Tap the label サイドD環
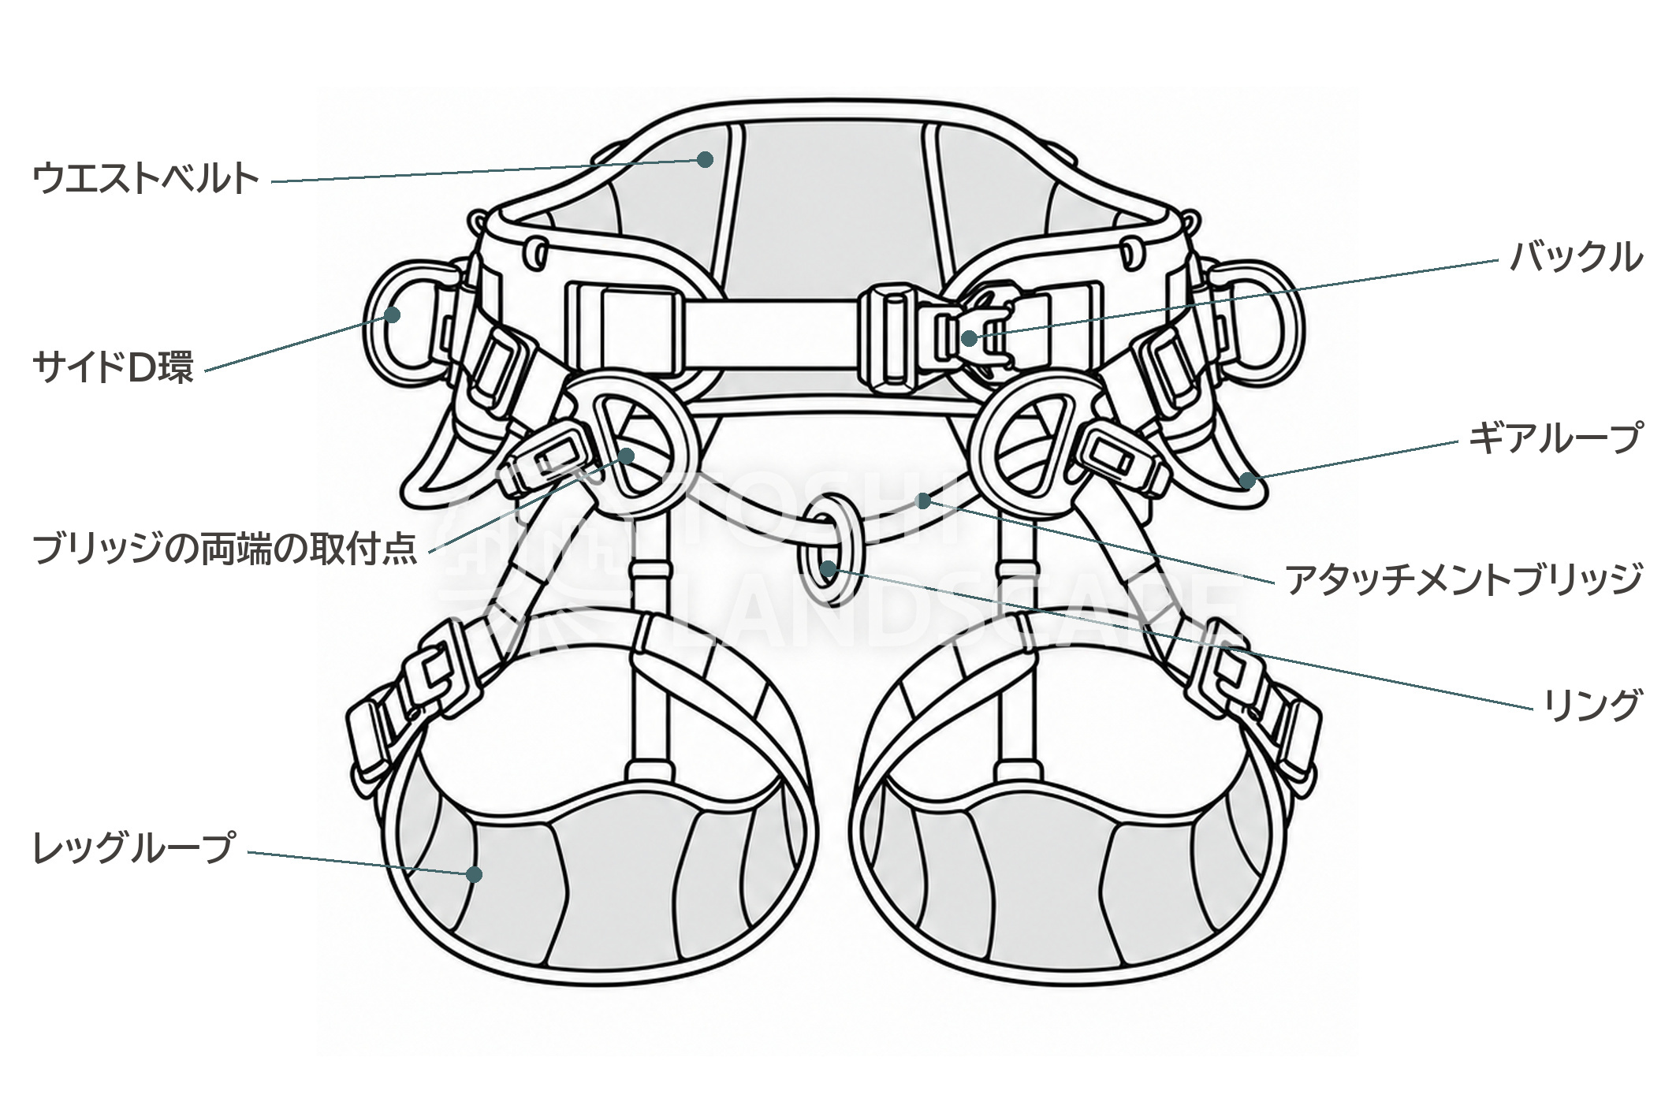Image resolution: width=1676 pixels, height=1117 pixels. click(x=113, y=367)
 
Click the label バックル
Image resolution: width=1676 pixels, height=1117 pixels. click(x=1576, y=258)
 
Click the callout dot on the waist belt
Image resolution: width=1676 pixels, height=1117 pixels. click(x=705, y=160)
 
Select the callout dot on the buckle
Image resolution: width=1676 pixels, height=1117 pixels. click(x=969, y=338)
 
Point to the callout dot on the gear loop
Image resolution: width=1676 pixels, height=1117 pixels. click(x=1247, y=479)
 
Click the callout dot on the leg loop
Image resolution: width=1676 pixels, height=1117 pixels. click(x=474, y=873)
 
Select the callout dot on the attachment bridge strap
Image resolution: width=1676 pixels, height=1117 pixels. click(x=925, y=500)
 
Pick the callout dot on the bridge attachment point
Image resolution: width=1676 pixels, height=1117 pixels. click(x=627, y=456)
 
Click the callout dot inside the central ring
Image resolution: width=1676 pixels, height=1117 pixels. click(x=827, y=568)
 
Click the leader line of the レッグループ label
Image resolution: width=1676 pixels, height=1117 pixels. click(x=361, y=862)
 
